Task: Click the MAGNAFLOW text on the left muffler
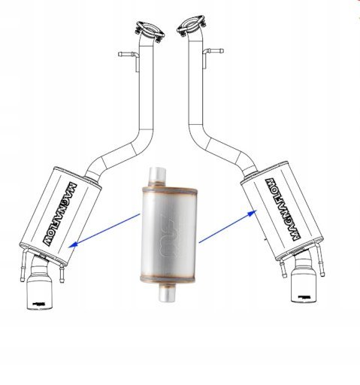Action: click(60, 214)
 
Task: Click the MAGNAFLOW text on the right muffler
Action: click(283, 210)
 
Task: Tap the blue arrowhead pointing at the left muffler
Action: click(73, 244)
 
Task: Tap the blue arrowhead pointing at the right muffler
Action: click(253, 214)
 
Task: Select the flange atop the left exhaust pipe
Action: click(150, 32)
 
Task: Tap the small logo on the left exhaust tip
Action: click(39, 304)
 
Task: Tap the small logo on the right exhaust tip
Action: click(304, 297)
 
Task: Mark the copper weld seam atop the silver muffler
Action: click(170, 191)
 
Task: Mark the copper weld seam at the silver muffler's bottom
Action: click(168, 279)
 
